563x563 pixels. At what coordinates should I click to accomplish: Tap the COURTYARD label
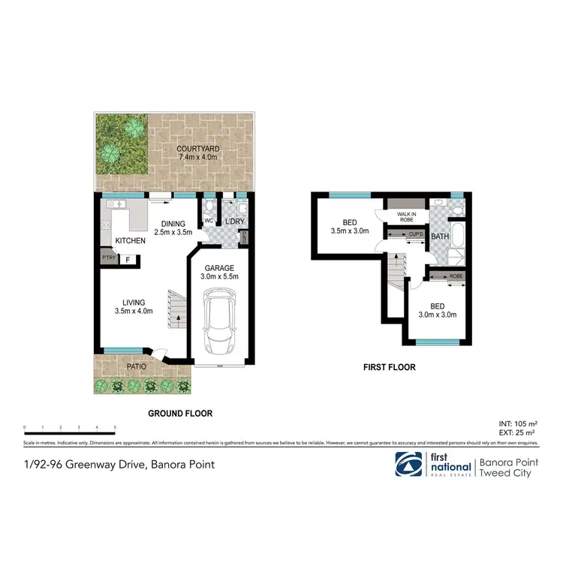pyautogui.click(x=197, y=149)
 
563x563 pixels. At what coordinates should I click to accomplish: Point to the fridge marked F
pyautogui.click(x=128, y=260)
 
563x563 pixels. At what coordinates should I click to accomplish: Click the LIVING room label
pyautogui.click(x=134, y=302)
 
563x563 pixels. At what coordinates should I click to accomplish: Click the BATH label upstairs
pyautogui.click(x=440, y=236)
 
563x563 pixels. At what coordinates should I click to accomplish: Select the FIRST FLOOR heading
pyautogui.click(x=389, y=368)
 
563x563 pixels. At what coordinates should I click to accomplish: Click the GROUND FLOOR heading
pyautogui.click(x=180, y=414)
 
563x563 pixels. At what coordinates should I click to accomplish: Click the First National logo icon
pyautogui.click(x=408, y=464)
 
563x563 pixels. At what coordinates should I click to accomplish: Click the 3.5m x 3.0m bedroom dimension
pyautogui.click(x=350, y=232)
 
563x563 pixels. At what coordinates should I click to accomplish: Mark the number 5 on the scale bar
pyautogui.click(x=115, y=427)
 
